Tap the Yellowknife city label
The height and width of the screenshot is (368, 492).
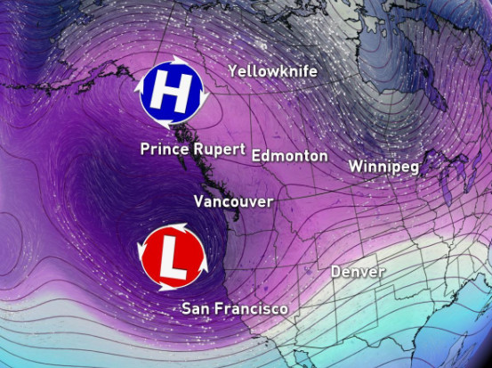[x=272, y=71]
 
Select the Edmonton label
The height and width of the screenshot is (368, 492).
[x=289, y=156]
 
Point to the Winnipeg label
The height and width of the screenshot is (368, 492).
[x=383, y=167]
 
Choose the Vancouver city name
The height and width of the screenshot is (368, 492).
[x=233, y=201]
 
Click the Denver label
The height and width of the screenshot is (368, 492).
[x=358, y=272]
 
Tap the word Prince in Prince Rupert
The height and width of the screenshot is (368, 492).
[x=165, y=149]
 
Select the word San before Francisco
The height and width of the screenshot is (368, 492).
[x=197, y=309]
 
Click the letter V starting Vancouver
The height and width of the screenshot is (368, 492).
[x=198, y=201]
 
